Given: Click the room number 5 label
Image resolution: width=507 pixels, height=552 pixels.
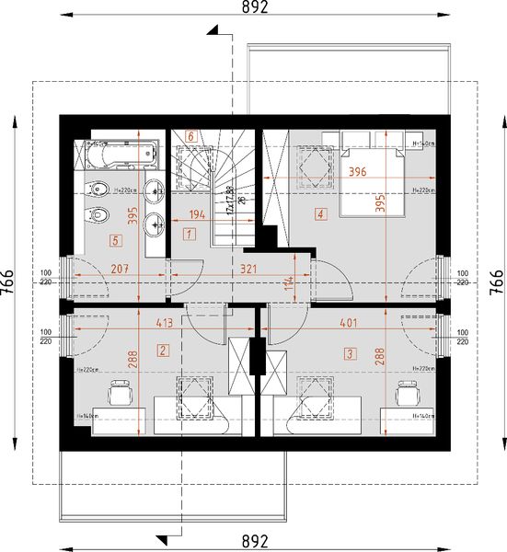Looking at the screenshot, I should click(x=115, y=241).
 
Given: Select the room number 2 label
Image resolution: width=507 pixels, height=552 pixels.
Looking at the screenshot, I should click(x=163, y=350).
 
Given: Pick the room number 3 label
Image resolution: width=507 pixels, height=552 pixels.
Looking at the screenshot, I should click(x=350, y=351).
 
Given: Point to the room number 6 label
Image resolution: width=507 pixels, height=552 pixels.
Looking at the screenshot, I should click(x=191, y=136).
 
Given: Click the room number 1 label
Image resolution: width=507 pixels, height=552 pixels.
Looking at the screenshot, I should click(x=188, y=235).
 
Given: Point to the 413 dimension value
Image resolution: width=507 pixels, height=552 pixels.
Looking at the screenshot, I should click(x=166, y=323).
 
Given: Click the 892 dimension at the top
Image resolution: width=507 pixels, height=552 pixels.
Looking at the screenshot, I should click(x=255, y=8).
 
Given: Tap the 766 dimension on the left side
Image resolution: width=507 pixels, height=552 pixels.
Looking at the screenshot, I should click(x=9, y=276).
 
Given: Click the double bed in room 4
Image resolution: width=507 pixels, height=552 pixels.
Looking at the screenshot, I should click(x=372, y=175).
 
